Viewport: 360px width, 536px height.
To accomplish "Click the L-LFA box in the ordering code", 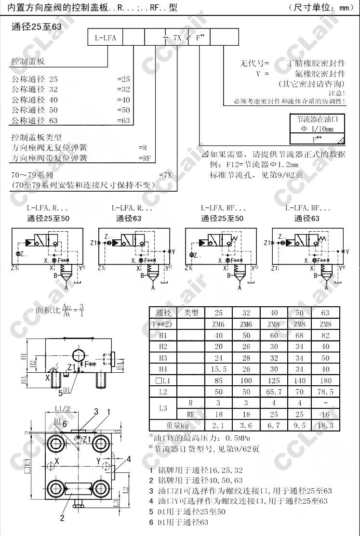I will (x=105, y=37).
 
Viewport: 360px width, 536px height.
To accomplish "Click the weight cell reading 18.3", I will (x=325, y=425).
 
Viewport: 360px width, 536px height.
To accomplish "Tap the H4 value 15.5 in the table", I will (x=219, y=369).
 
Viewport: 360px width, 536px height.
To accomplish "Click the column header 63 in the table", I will (x=325, y=313).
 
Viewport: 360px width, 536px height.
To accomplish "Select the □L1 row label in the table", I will (x=163, y=380).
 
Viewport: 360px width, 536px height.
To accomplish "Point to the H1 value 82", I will (x=325, y=335).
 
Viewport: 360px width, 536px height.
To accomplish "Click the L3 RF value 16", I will (x=325, y=414).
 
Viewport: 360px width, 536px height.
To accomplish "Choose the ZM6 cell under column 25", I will (x=219, y=324).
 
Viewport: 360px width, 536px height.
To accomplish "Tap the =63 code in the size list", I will (x=124, y=121).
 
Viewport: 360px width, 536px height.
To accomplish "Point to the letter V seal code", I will (x=259, y=74).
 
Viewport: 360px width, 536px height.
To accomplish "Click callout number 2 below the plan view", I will (x=62, y=518).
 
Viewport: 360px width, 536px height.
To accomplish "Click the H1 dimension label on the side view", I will (x=24, y=356).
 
